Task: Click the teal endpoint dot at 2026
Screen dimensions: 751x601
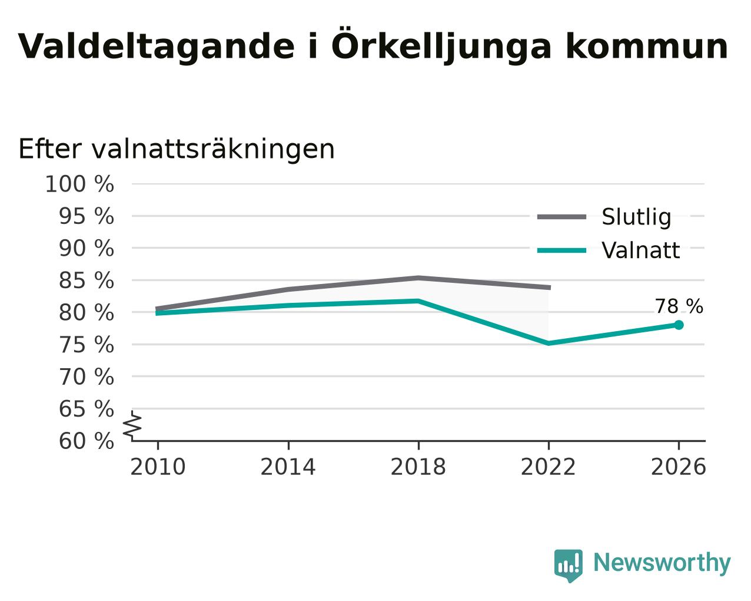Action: click(x=679, y=325)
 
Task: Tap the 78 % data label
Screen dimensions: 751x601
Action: click(x=679, y=306)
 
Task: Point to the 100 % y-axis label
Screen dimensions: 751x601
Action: click(x=79, y=184)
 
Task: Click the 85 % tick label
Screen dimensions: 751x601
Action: click(x=86, y=280)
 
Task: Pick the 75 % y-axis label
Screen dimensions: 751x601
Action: click(x=86, y=345)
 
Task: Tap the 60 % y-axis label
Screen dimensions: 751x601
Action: click(x=86, y=441)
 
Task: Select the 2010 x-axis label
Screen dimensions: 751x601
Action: click(x=158, y=467)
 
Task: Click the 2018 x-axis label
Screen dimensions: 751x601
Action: click(x=418, y=467)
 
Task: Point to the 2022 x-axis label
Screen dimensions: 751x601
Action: click(x=549, y=467)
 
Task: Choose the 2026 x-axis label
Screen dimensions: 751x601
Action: click(x=679, y=467)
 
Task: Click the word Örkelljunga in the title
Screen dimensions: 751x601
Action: click(x=441, y=45)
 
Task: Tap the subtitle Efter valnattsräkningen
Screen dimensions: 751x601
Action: click(x=177, y=150)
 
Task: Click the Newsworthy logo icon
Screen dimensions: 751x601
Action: click(x=569, y=566)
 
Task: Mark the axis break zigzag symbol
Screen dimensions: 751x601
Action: click(x=132, y=425)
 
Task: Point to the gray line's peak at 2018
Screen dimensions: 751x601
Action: click(x=418, y=278)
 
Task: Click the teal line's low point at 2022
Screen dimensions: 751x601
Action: click(x=549, y=344)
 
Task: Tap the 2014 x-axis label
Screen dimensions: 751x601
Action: click(x=288, y=467)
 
